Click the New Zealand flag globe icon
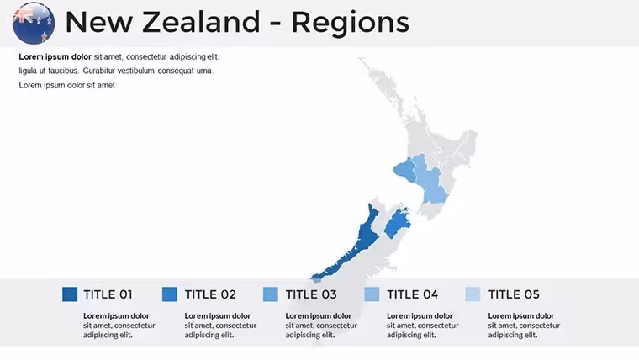pos(34,23)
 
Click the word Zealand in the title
pos(201,22)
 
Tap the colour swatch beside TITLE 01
pos(70,294)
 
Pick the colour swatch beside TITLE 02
pos(170,294)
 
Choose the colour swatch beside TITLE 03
pos(271,294)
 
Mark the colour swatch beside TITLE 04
pos(372,294)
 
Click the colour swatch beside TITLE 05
pos(473,294)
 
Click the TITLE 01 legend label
pos(108,294)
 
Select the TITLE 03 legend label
pos(311,294)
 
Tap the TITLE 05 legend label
pos(514,294)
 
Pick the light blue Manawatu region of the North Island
pos(430,179)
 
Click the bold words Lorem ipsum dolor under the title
pos(55,56)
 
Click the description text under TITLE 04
pos(423,325)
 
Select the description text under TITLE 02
pos(220,325)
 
